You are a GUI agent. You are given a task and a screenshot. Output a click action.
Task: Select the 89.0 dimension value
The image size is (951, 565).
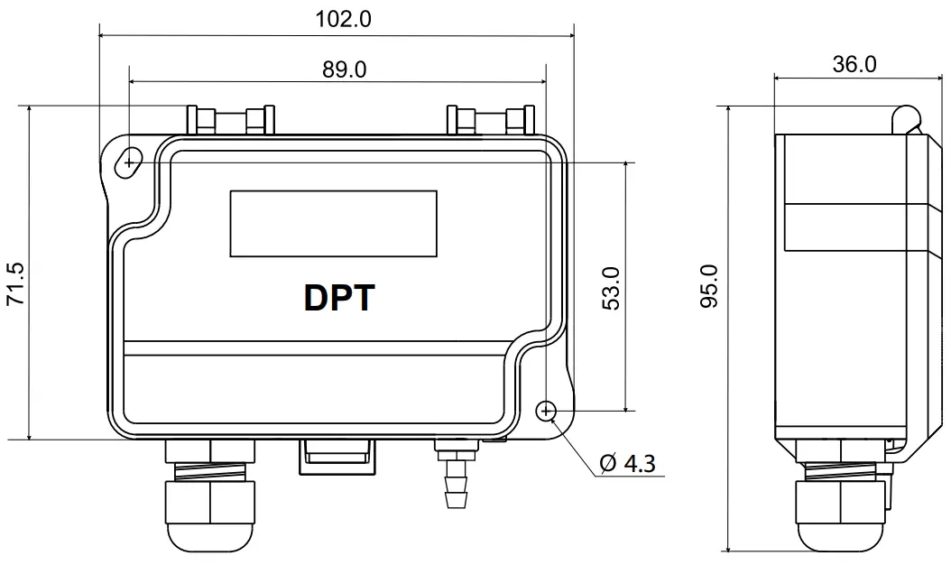click(344, 69)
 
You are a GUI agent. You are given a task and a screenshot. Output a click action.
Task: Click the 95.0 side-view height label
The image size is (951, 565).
click(710, 286)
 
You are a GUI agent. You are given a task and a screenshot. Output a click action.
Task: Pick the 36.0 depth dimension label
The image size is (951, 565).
click(853, 64)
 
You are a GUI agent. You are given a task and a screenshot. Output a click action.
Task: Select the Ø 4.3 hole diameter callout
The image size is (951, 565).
click(627, 464)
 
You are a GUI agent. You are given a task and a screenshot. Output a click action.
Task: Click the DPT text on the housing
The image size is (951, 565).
click(336, 297)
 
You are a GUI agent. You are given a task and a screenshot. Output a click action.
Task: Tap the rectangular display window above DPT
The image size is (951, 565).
click(333, 223)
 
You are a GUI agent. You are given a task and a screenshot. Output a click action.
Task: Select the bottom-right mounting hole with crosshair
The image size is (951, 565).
click(546, 411)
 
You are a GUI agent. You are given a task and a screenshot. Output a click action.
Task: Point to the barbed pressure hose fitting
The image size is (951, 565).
click(453, 477)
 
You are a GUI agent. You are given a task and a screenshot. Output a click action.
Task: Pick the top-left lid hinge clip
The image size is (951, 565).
click(229, 120)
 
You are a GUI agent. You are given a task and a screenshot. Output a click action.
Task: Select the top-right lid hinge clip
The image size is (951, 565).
click(491, 120)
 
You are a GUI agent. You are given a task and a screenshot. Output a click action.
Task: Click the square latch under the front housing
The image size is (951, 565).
click(336, 456)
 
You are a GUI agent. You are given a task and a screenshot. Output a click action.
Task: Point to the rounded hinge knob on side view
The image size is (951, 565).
click(905, 116)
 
